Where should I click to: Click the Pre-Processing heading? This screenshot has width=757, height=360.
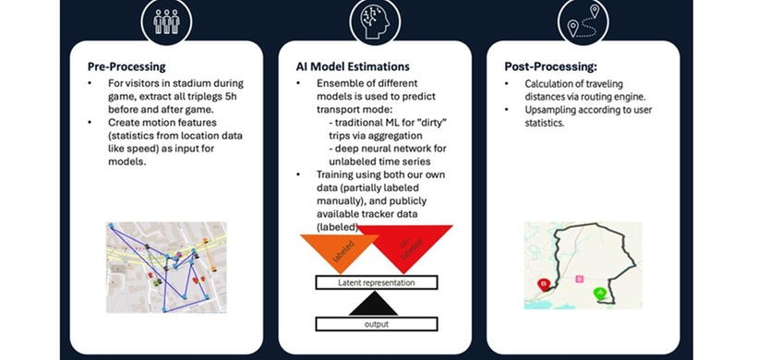click(x=126, y=66)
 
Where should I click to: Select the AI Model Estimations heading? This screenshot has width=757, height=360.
click(x=353, y=66)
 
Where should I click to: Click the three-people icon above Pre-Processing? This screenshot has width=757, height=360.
click(x=166, y=22)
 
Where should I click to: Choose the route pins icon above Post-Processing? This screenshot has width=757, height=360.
click(x=583, y=21)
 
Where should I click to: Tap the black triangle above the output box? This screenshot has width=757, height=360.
click(x=373, y=306)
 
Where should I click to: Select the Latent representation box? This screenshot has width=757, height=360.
click(x=377, y=282)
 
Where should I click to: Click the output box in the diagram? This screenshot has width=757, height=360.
click(x=377, y=324)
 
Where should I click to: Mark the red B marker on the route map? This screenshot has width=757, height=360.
click(x=544, y=284)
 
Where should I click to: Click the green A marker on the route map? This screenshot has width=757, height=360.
click(x=600, y=294)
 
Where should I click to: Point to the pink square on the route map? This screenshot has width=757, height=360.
click(x=580, y=279)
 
